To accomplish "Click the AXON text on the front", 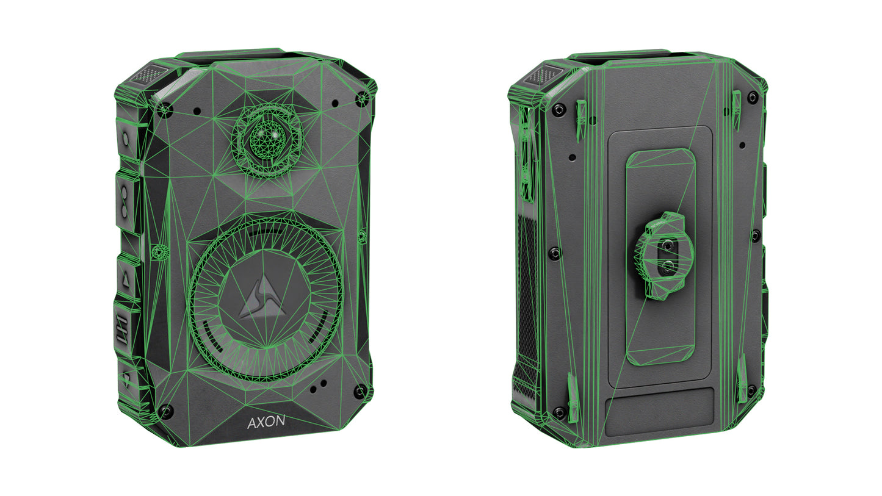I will coord(266,422).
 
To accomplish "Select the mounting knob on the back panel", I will coord(665,256).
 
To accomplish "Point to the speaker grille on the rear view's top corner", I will coord(540,76).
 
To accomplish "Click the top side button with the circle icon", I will coord(126,139).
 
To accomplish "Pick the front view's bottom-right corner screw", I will coord(360,390).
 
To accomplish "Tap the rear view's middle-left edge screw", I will coord(554,252).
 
